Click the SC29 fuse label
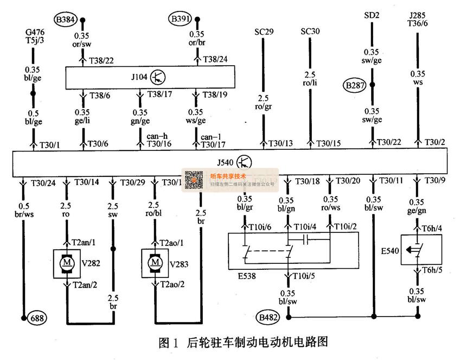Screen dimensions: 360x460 (x=264, y=31)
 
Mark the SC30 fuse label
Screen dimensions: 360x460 (x=310, y=31)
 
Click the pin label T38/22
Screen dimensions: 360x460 (x=101, y=60)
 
